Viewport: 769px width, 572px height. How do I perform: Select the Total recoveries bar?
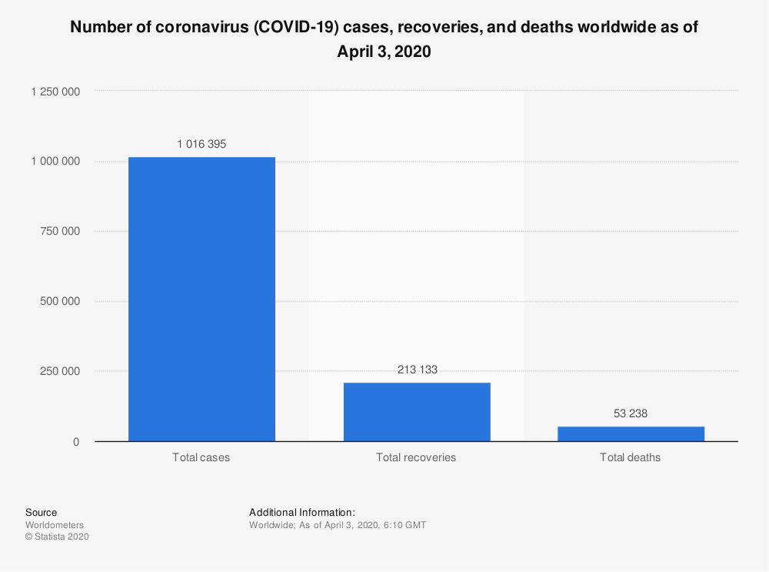[416, 412]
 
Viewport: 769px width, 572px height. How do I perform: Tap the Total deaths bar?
[631, 433]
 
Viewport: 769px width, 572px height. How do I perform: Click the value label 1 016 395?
[201, 144]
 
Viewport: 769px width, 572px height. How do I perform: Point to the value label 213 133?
[416, 370]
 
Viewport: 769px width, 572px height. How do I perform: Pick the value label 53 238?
[631, 413]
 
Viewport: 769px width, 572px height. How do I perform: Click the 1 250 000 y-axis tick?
[55, 91]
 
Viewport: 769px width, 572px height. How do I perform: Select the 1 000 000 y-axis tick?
[55, 161]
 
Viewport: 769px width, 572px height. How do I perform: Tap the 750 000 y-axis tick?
[61, 231]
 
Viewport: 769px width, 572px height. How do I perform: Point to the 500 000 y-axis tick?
[61, 301]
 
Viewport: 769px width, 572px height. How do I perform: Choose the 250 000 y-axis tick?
[61, 371]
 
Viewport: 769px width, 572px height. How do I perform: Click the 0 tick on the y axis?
[75, 442]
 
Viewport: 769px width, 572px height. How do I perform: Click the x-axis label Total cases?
[201, 457]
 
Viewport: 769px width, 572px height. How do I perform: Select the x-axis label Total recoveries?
[416, 457]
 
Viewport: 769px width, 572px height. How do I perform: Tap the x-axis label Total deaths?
[631, 457]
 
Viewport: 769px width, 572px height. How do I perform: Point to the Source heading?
[41, 512]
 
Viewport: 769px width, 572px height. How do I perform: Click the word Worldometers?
[55, 525]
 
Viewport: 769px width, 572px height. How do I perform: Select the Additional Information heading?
[302, 512]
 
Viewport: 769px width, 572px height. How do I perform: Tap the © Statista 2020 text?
[57, 537]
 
